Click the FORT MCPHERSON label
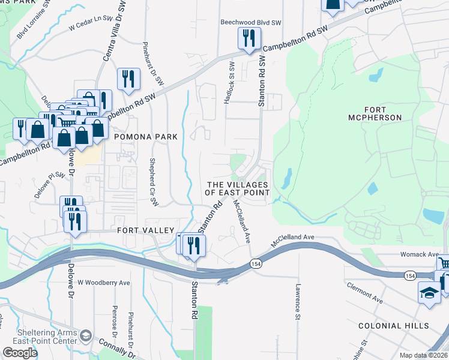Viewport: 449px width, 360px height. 375,113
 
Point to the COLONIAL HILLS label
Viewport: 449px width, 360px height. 394,325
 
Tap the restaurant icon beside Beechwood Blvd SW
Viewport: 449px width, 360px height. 246,38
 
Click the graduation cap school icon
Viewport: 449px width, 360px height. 429,293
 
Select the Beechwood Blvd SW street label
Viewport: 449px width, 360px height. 251,22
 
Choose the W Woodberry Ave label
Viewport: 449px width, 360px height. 103,283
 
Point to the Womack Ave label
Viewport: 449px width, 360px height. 419,254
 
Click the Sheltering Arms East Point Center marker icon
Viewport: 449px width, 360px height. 86,335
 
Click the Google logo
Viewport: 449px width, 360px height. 20,353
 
